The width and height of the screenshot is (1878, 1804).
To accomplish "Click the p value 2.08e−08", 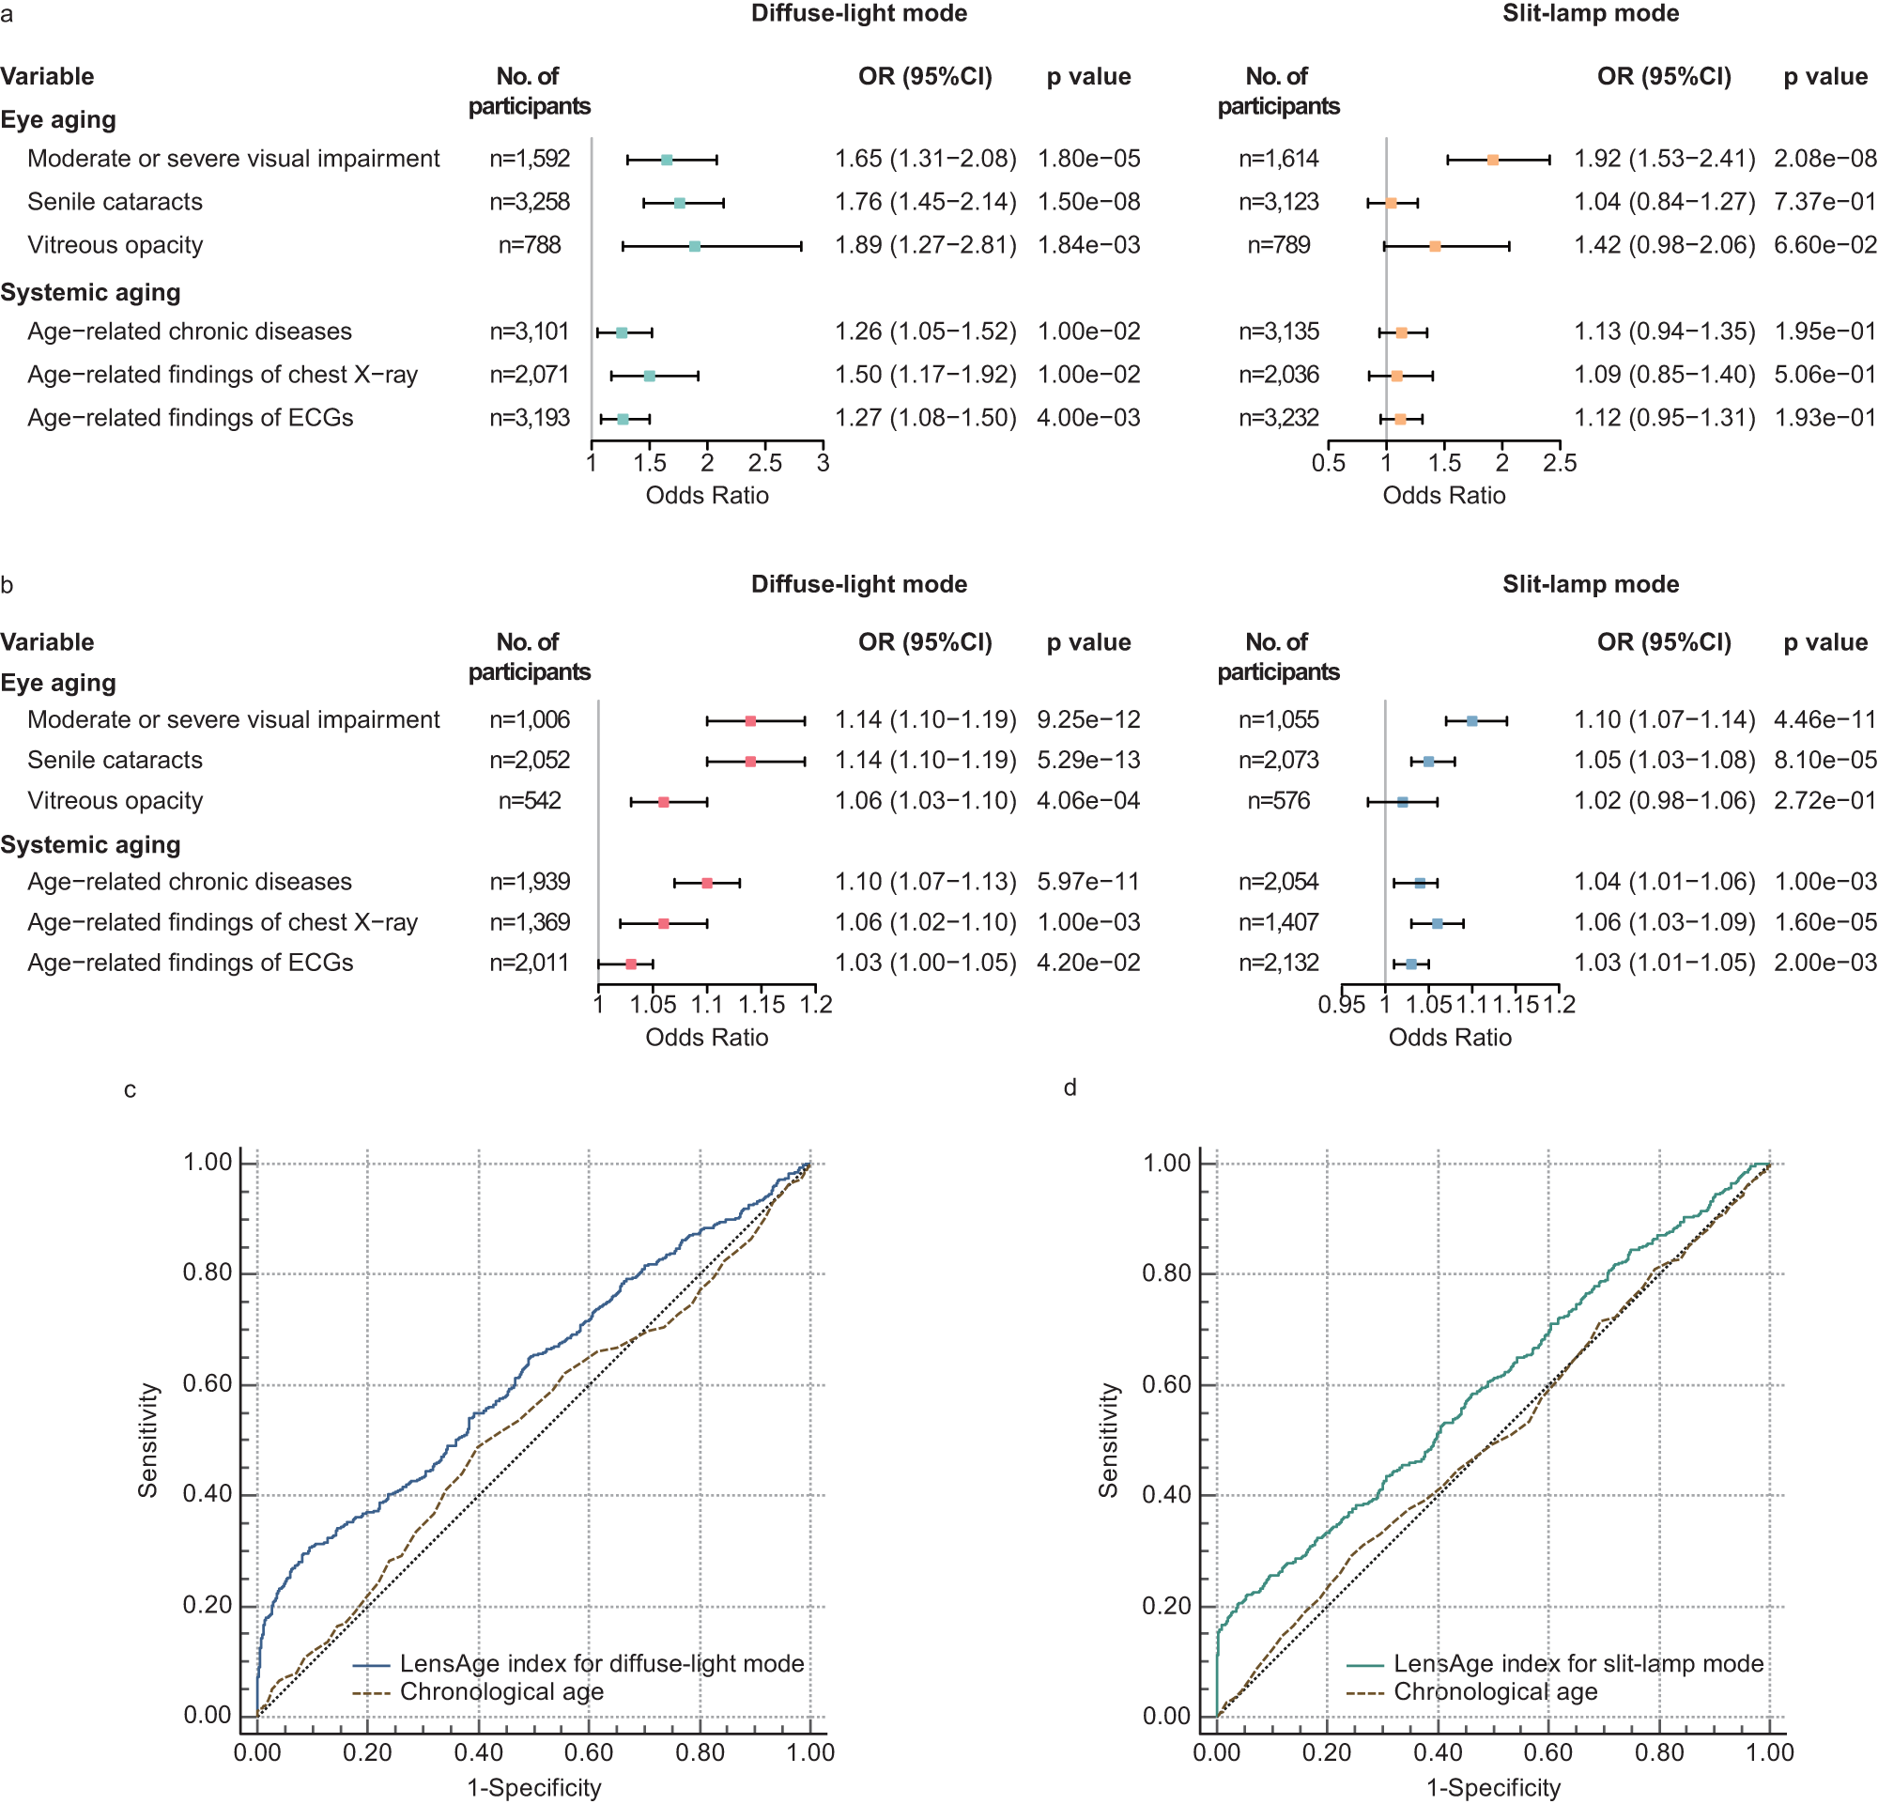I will tap(1824, 158).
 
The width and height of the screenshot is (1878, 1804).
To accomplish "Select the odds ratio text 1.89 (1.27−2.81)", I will tap(925, 245).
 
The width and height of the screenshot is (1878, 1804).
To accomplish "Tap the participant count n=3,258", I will tap(529, 202).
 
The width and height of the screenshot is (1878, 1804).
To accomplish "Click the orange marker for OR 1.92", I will tap(1492, 160).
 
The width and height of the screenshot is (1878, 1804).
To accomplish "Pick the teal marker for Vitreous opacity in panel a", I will tap(695, 246).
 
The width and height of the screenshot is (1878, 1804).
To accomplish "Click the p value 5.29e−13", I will tap(1088, 760).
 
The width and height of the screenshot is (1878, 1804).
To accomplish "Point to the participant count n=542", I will tap(529, 801).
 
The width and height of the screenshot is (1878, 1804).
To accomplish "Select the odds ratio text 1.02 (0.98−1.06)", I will tap(1664, 801).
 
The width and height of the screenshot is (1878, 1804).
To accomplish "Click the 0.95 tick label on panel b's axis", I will tap(1342, 1005).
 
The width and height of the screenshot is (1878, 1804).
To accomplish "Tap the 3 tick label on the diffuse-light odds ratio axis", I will tap(823, 464).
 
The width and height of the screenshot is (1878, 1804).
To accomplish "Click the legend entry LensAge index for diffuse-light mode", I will tap(601, 1663).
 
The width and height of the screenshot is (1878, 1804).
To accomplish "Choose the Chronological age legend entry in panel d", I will tap(1495, 1692).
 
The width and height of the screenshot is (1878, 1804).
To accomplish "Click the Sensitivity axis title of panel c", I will tap(147, 1440).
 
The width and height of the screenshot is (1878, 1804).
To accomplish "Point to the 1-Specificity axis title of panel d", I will tap(1493, 1788).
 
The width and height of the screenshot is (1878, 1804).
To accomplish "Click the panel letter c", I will tap(131, 1090).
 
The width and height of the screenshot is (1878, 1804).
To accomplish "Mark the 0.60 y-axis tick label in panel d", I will tap(1166, 1384).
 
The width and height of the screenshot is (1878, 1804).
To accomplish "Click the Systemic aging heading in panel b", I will tap(90, 845).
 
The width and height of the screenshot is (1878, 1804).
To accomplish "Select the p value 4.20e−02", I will tap(1088, 963).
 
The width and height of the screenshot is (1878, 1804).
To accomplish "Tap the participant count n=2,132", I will tap(1278, 963).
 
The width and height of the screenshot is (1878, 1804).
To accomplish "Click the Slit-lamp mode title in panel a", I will tap(1590, 13).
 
